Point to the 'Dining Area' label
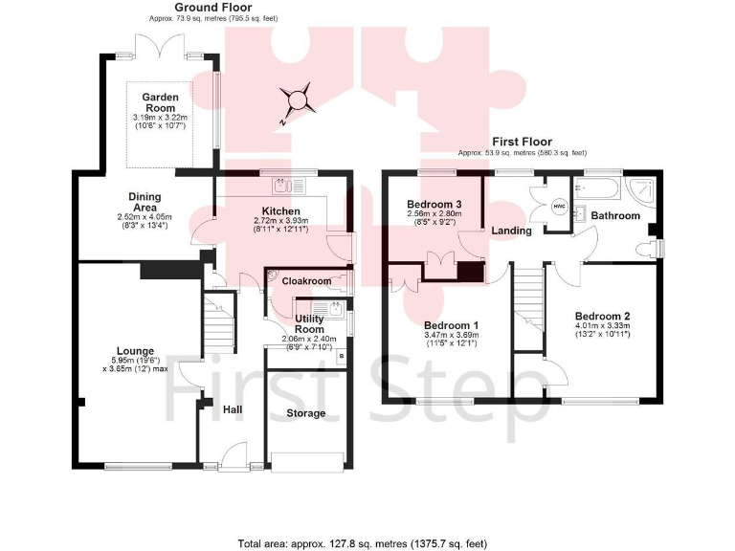(145, 202)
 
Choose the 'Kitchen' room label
(281, 211)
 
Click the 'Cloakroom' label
(306, 281)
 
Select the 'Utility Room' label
(309, 323)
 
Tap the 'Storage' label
(306, 413)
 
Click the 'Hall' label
(233, 409)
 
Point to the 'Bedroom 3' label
(434, 205)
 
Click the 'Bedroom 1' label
(450, 325)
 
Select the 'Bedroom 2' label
(602, 316)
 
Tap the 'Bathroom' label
(614, 216)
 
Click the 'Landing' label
(512, 231)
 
